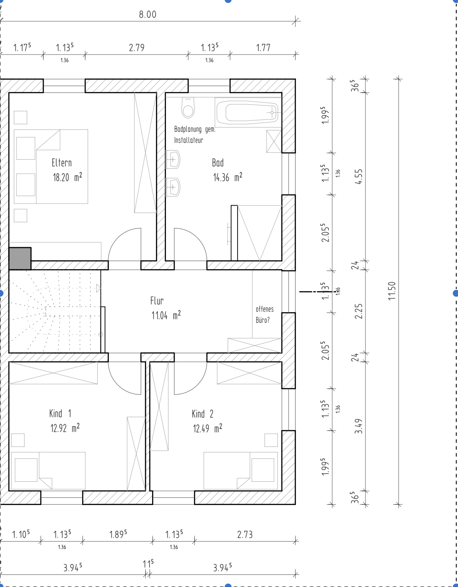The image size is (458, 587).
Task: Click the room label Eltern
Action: tap(62, 163)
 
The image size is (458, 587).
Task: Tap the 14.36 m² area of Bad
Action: tap(227, 177)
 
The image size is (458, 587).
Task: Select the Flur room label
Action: tap(157, 300)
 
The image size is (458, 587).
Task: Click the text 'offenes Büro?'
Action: tap(264, 315)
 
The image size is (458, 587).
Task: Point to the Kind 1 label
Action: tap(60, 413)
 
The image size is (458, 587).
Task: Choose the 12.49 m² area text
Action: tap(207, 429)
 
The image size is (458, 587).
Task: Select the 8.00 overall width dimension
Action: tap(147, 14)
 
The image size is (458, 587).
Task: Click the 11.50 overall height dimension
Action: tap(392, 290)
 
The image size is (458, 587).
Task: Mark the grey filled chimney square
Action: tap(20, 258)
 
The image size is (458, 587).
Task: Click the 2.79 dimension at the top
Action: tap(137, 48)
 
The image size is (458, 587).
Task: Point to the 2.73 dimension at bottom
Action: tap(245, 535)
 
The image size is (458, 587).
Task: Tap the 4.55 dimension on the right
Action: tap(359, 176)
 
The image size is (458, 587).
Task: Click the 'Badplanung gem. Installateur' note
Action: tap(194, 135)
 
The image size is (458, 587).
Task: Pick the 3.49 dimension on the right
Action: tap(359, 426)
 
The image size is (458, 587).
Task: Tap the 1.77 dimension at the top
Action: tap(263, 48)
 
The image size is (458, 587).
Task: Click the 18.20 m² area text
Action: tap(67, 177)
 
